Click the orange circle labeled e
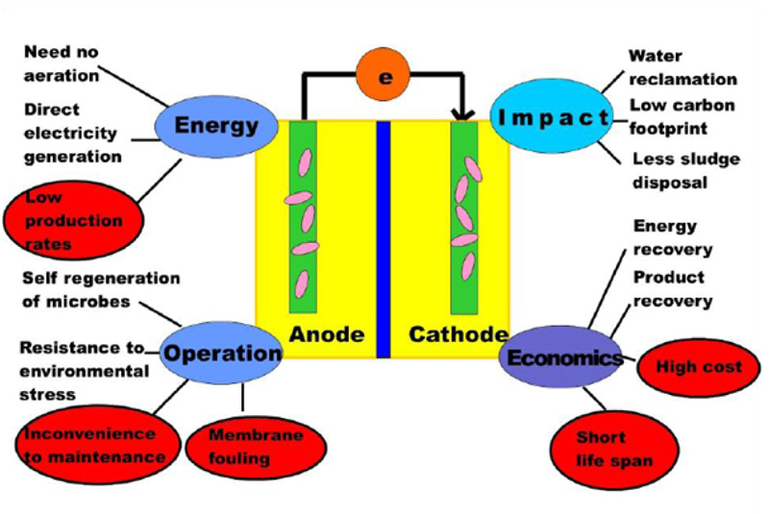click(385, 77)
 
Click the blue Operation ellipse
click(221, 353)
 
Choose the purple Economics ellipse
click(564, 358)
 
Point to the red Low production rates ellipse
click(74, 220)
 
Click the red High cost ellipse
click(699, 366)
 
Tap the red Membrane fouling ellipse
click(242, 447)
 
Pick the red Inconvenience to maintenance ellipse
click(94, 444)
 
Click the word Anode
click(327, 334)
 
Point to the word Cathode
click(459, 334)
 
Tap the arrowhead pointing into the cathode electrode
click(462, 115)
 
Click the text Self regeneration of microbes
click(100, 287)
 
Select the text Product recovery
click(673, 288)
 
